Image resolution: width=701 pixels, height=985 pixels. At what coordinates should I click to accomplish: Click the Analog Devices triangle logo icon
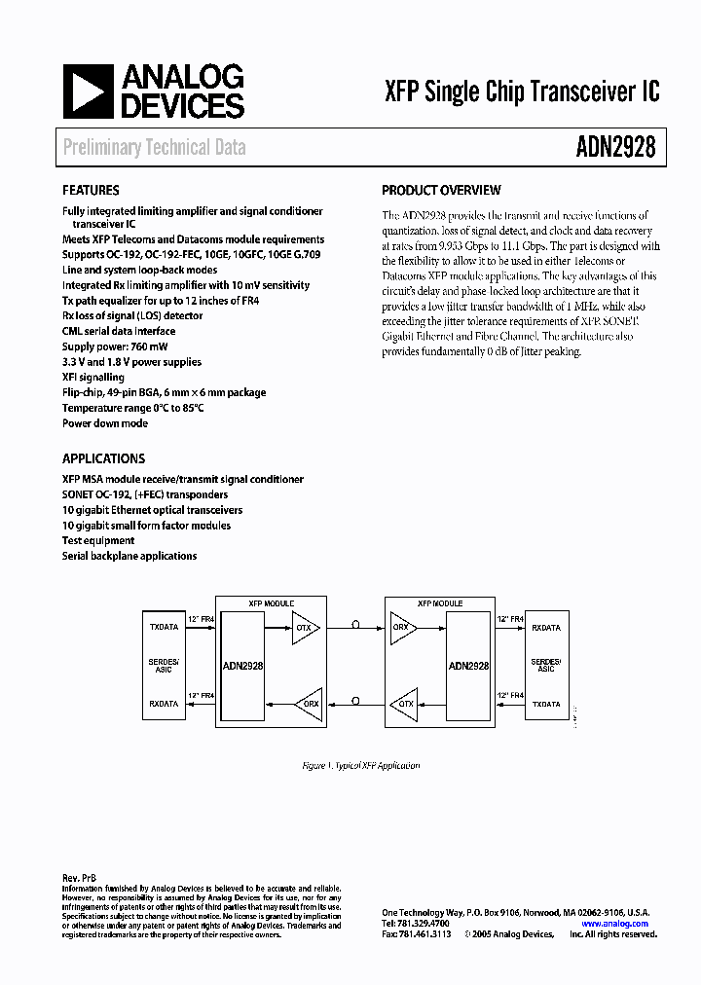click(87, 91)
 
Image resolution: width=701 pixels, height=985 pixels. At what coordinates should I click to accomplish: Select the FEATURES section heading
click(91, 191)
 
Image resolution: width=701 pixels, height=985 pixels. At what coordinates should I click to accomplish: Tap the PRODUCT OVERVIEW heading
click(441, 191)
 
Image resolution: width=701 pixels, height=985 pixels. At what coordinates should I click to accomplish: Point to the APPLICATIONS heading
click(103, 458)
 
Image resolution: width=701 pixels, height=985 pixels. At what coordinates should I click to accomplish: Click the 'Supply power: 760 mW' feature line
click(110, 347)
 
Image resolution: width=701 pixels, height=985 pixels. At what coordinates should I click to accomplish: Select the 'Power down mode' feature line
click(105, 423)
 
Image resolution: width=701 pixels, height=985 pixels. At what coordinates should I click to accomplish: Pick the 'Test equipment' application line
click(98, 540)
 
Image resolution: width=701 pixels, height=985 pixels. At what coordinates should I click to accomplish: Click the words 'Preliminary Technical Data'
click(154, 148)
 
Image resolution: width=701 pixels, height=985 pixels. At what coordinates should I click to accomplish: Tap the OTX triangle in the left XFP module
click(305, 628)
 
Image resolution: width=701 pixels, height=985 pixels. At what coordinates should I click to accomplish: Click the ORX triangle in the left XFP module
click(308, 704)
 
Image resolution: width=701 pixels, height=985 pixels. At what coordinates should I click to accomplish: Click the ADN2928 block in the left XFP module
click(242, 666)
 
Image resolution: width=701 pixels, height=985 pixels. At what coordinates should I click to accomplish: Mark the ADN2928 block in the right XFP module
click(468, 666)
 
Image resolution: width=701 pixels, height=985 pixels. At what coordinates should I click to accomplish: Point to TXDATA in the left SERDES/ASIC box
click(164, 628)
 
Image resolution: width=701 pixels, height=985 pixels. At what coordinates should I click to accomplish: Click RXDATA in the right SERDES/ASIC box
click(546, 628)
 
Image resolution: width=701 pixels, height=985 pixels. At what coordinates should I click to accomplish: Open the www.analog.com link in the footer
click(622, 924)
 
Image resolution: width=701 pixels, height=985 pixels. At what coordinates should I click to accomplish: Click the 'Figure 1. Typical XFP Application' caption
click(360, 765)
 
